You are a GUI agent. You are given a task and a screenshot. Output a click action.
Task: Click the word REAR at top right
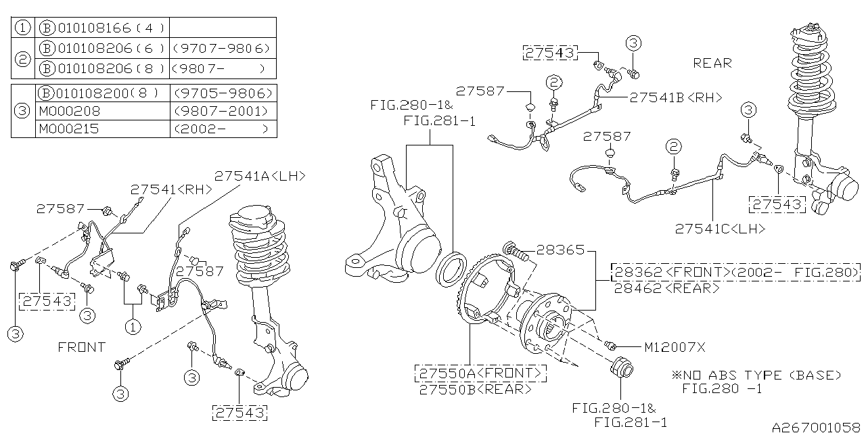(712, 63)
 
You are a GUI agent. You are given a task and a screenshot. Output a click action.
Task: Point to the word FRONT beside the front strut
(81, 347)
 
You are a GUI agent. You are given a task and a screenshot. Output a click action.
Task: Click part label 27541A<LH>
(260, 176)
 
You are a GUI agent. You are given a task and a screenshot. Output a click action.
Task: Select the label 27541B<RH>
(675, 97)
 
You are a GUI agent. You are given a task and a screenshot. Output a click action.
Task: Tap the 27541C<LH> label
(720, 229)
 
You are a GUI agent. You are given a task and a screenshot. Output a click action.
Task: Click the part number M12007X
(674, 347)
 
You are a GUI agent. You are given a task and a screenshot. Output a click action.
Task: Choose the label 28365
(560, 250)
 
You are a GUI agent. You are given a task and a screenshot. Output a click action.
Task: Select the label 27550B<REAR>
(475, 389)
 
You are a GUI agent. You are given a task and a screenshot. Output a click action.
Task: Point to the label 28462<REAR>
(666, 288)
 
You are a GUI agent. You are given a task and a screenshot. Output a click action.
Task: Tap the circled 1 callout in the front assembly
(133, 326)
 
